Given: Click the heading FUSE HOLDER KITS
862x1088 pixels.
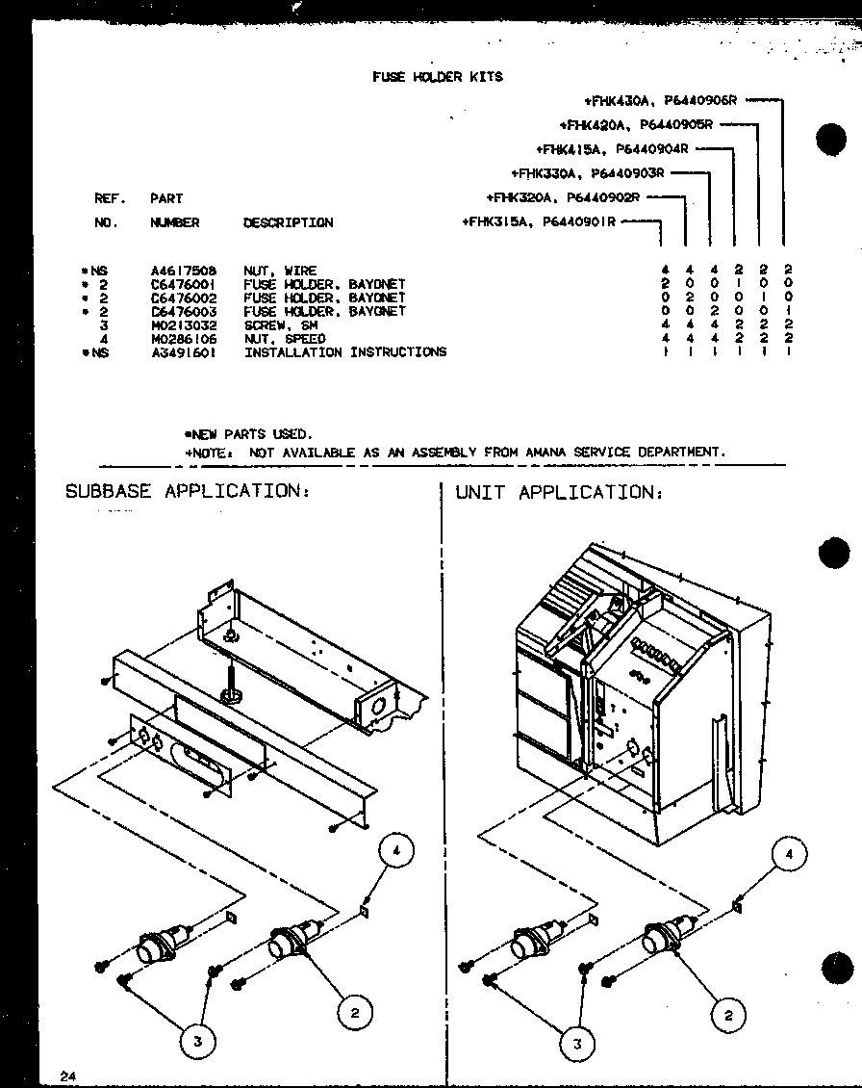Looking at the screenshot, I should [437, 77].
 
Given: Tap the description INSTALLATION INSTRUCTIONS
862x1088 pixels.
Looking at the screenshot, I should [344, 352].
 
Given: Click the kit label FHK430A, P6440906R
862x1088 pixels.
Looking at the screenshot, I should [660, 99].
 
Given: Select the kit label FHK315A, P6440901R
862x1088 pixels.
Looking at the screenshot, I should [540, 222].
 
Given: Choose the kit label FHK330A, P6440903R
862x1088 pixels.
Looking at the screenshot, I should [588, 173].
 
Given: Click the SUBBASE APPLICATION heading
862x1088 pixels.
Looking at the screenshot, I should [188, 491].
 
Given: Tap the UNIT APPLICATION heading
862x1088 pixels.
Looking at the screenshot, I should [559, 493].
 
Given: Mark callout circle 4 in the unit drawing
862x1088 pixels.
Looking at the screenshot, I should [790, 854].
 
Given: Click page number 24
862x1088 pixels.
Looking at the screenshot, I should [66, 1076].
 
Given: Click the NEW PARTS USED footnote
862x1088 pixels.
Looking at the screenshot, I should [248, 434].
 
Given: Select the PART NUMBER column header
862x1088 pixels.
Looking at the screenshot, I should [174, 211].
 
